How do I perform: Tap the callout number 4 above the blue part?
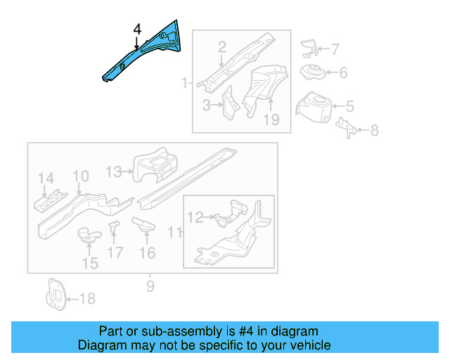[x=136, y=30]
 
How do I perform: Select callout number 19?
[x=271, y=120]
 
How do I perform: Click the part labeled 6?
[x=311, y=72]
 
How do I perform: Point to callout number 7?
[x=335, y=49]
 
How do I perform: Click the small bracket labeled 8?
[x=347, y=127]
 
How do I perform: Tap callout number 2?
[x=222, y=47]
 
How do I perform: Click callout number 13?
[x=114, y=170]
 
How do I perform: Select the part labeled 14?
[x=49, y=202]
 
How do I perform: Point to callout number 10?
[x=80, y=176]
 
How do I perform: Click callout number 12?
[x=195, y=218]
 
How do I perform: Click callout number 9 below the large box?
[x=150, y=286]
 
